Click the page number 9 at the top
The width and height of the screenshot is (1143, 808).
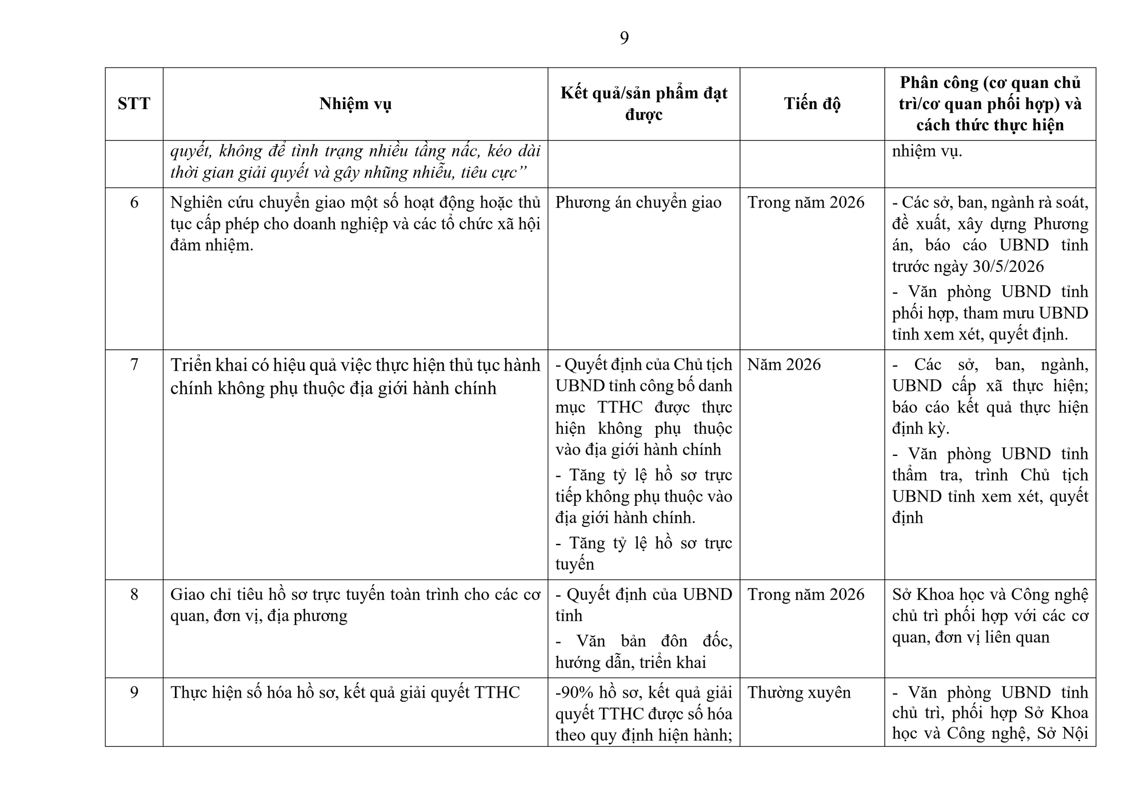tap(624, 38)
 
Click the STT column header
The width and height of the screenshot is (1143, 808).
tap(134, 104)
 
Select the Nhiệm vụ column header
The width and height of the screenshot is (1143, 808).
tap(355, 104)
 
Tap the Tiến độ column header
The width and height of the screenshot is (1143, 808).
tap(812, 104)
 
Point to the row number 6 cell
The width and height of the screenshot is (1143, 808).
tap(134, 203)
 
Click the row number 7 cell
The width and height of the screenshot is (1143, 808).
tap(134, 365)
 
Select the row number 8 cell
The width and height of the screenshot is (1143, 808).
tap(134, 595)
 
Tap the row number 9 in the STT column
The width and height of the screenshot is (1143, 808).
tap(134, 693)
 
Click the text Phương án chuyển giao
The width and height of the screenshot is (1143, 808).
tap(638, 203)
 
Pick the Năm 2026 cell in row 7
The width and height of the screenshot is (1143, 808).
tap(784, 365)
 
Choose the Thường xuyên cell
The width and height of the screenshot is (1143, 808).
tap(799, 693)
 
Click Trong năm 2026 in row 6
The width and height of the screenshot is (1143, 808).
tap(806, 203)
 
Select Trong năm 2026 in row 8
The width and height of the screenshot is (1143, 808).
tap(806, 595)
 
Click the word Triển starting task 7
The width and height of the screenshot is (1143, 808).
tap(193, 365)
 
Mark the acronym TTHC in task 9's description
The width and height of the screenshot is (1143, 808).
tap(497, 693)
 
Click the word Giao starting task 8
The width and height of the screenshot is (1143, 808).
tap(187, 595)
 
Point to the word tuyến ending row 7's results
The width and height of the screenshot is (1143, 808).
tap(574, 565)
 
